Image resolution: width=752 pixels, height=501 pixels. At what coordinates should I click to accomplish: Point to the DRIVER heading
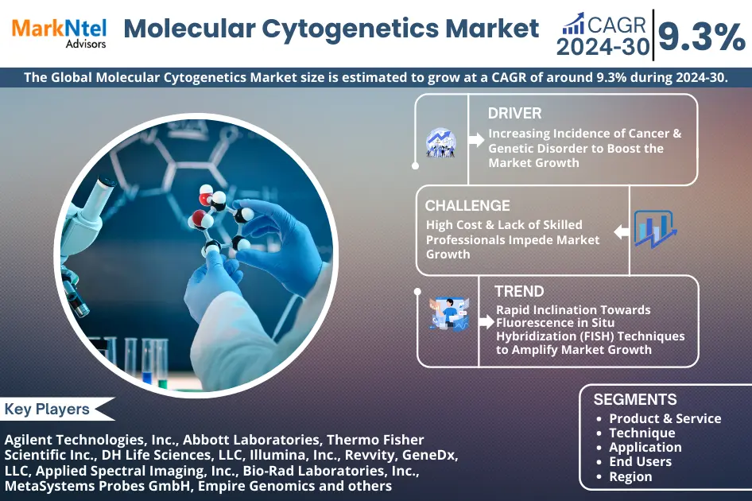click(514, 113)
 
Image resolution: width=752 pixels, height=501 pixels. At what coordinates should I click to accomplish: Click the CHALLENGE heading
click(467, 206)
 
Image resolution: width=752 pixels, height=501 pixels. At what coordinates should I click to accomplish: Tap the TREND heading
click(519, 291)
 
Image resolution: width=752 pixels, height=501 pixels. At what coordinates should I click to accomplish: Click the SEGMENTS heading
click(635, 399)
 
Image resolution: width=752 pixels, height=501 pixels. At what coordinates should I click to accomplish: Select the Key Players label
click(48, 410)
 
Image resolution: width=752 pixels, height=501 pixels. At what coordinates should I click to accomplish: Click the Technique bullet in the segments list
click(642, 433)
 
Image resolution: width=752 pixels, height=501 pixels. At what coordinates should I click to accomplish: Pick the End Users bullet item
click(640, 461)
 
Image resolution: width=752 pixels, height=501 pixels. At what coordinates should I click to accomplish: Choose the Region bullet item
click(630, 476)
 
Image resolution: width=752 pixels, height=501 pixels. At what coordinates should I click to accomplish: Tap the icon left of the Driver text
click(440, 142)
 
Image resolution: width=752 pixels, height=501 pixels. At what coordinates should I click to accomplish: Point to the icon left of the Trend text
click(448, 313)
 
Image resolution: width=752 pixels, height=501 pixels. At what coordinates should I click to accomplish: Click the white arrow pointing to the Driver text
click(476, 140)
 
